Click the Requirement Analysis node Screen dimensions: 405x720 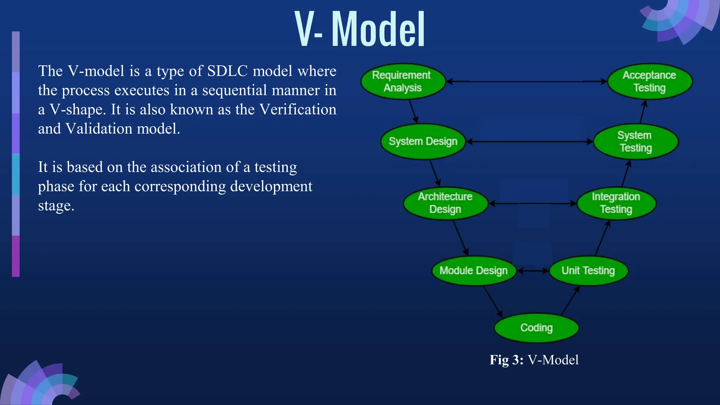(x=403, y=82)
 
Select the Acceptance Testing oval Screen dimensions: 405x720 (x=650, y=82)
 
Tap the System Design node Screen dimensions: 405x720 (x=423, y=141)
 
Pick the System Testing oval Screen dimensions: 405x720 (x=636, y=141)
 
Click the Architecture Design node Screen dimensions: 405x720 (x=445, y=203)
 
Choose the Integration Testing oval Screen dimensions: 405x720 (x=616, y=203)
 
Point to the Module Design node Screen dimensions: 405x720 (x=474, y=270)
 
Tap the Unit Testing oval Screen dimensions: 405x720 (x=588, y=270)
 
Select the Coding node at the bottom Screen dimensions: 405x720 (x=536, y=328)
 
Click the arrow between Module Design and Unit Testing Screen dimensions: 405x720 (x=533, y=271)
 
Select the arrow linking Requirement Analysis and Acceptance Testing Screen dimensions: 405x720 (x=527, y=82)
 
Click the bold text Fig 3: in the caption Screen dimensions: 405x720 (x=506, y=360)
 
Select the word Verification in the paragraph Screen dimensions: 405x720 (x=298, y=109)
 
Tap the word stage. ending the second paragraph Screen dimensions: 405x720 (x=56, y=206)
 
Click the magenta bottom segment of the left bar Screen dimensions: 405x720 (x=16, y=256)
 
